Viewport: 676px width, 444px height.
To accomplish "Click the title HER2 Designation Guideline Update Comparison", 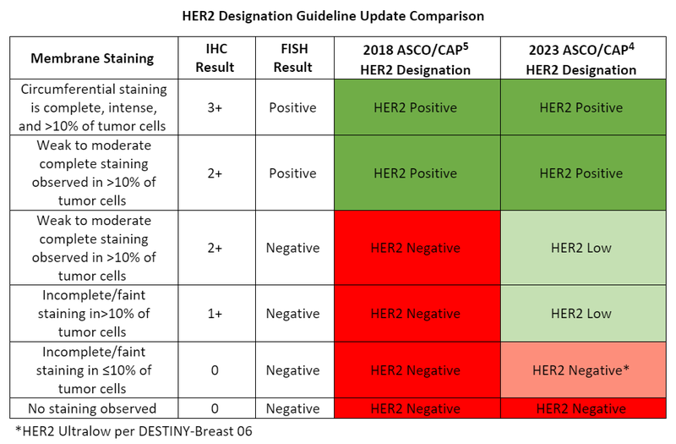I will pos(337,15).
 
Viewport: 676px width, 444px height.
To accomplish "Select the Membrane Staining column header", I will pos(92,58).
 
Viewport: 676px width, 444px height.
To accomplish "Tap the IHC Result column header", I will pos(215,58).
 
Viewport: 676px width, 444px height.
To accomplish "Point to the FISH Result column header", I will pos(292,58).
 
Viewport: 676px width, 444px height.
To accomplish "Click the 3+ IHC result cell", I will pos(215,108).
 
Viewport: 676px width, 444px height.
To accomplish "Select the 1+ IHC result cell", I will pos(215,314).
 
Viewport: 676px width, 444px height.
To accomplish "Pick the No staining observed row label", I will pos(92,408).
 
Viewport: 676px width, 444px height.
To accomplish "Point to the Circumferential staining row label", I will pos(92,108).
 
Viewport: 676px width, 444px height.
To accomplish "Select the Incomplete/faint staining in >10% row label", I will pos(92,314).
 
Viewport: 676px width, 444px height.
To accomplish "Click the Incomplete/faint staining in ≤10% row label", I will pos(92,370).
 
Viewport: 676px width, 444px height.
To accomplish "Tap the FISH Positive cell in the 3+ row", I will pos(292,108).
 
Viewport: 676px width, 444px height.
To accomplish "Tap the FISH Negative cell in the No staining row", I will pos(292,408).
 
